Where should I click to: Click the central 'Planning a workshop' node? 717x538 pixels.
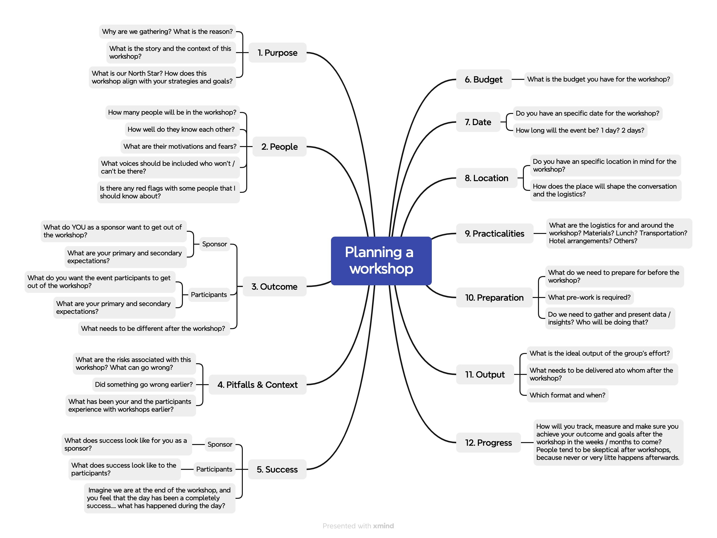point(381,261)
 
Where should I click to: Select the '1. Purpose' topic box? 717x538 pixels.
point(277,53)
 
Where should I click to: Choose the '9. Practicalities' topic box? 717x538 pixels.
point(494,233)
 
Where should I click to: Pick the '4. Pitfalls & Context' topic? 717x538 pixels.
point(257,385)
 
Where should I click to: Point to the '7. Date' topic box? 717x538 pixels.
point(478,122)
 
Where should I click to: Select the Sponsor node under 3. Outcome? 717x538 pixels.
point(214,244)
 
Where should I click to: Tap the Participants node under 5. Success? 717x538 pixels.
point(214,469)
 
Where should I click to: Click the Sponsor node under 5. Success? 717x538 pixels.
point(220,444)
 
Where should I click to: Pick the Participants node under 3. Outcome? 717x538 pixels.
point(209,295)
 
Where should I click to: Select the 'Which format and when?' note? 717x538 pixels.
point(567,395)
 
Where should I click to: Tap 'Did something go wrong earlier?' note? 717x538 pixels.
point(144,384)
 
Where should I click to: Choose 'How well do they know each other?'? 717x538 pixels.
point(181,130)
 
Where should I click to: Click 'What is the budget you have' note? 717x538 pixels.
point(598,79)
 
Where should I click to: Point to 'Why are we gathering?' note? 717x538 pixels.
point(167,32)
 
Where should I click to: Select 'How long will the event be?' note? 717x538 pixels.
point(580,130)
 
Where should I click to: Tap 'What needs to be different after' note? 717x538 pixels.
point(153,328)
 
